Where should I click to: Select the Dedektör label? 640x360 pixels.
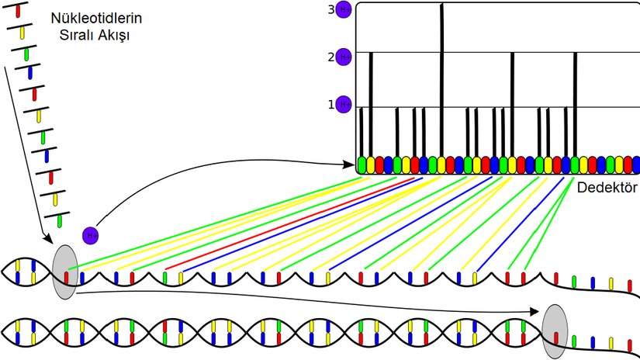point(607,189)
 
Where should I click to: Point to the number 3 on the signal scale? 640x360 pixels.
point(330,9)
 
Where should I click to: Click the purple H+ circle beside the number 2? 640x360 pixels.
point(344,57)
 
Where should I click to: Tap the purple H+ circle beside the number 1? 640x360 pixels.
point(344,104)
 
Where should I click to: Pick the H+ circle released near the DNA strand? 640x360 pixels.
point(91,234)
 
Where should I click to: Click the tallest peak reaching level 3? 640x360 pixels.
point(441,78)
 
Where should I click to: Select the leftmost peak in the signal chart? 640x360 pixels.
point(362,132)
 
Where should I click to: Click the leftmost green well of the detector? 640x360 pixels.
point(362,164)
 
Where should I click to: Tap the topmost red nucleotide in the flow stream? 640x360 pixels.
point(18,12)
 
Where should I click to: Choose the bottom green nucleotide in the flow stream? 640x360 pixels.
point(59,221)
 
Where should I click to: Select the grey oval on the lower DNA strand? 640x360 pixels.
point(555,331)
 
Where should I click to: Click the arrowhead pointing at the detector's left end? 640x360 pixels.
point(349,164)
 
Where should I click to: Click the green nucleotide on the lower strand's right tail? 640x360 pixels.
point(574,340)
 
